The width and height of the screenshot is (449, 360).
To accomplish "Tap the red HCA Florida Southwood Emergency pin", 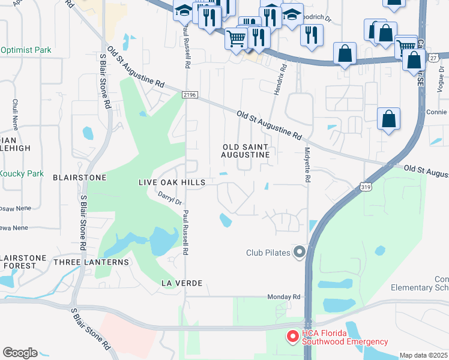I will pos(293,337).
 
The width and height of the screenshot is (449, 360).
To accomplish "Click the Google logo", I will pos(20,353).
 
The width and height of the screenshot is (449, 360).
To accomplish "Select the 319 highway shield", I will pos(366,187).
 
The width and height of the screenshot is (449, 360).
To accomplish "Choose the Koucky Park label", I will pos(22,173).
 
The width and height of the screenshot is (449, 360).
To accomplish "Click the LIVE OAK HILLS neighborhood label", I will pos(172,182).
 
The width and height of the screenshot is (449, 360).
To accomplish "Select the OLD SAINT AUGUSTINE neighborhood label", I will pos(245,151).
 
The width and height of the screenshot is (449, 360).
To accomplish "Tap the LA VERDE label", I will pos(181,282).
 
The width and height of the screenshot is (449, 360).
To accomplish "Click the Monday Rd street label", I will pos(283,297).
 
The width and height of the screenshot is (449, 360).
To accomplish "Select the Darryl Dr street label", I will pos(169,199).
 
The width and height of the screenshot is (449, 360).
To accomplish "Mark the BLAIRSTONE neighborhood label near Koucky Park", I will pos(80,178).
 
